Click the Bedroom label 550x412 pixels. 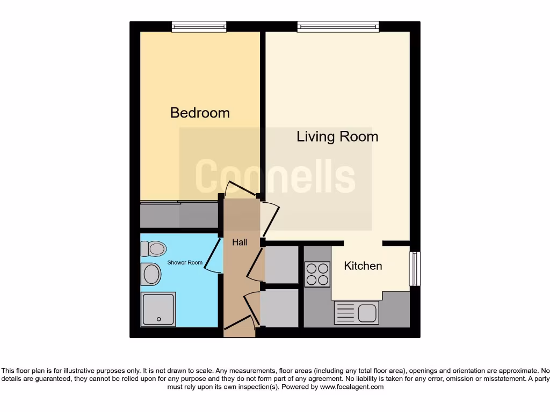click(x=200, y=113)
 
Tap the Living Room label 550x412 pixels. click(x=337, y=137)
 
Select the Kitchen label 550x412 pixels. click(x=363, y=266)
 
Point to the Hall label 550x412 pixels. click(x=240, y=242)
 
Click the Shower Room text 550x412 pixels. click(x=185, y=262)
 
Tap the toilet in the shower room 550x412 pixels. click(x=153, y=248)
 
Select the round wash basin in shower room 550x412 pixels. click(x=151, y=274)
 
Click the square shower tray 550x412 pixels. click(x=158, y=309)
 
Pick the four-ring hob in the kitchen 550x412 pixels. click(x=317, y=274)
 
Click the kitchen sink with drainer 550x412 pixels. click(x=357, y=312)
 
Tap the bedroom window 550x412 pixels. click(x=199, y=26)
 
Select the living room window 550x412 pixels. click(x=338, y=26)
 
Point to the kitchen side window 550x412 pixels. click(x=415, y=269)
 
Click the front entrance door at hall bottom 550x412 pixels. click(x=240, y=324)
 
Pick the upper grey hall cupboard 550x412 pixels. click(x=281, y=264)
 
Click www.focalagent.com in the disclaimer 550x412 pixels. click(x=352, y=387)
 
